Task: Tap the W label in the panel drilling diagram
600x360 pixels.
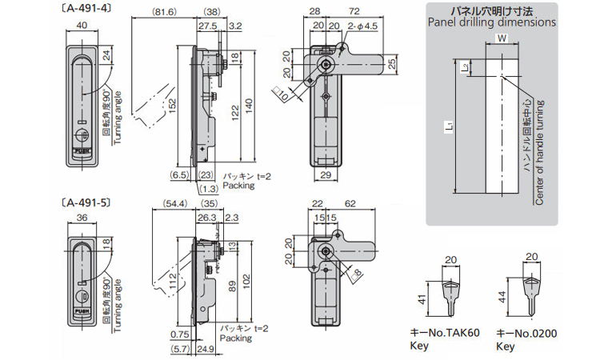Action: [501, 38]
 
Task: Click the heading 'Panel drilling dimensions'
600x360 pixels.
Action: [491, 22]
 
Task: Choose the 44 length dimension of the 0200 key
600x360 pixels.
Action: [502, 298]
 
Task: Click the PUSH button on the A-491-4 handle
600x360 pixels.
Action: [82, 148]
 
